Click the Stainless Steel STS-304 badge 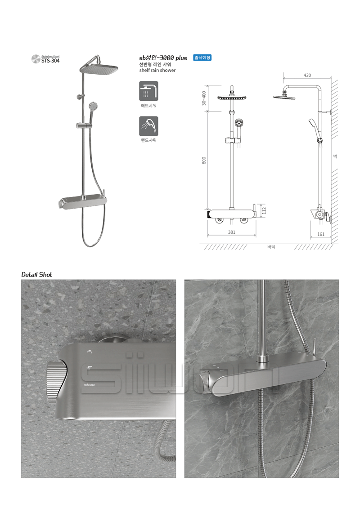click(x=45, y=59)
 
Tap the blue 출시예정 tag click(x=202, y=58)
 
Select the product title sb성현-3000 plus click(x=163, y=58)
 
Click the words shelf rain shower click(x=157, y=70)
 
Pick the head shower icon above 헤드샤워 click(x=148, y=91)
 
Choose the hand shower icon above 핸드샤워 click(x=148, y=126)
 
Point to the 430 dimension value click(x=307, y=75)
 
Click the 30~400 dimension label click(x=204, y=98)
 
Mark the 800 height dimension click(x=204, y=160)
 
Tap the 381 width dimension click(x=232, y=232)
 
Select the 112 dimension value click(x=264, y=210)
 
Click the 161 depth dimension click(x=321, y=234)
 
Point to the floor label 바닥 click(x=271, y=247)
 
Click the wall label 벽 click(x=335, y=156)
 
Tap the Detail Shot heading click(x=36, y=274)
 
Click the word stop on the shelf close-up click(x=90, y=384)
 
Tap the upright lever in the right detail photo click(x=314, y=346)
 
